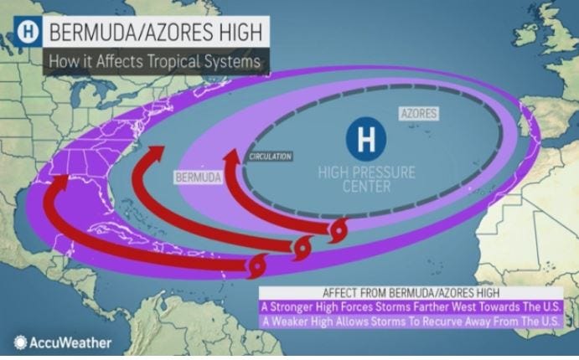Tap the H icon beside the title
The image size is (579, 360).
point(29,32)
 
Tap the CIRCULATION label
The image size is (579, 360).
point(271,156)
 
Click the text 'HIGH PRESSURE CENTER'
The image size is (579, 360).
point(366,178)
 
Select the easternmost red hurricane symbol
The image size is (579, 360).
point(339,230)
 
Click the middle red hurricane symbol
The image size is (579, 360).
point(300,247)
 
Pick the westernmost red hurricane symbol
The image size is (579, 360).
point(257,267)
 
